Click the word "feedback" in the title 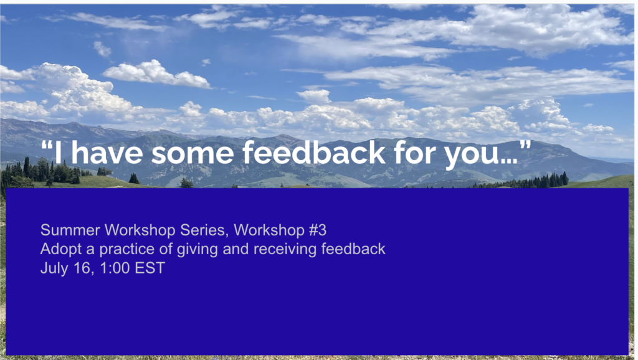tap(314, 153)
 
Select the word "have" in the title tap(107, 153)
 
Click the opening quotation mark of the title tap(46, 145)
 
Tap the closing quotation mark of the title tap(525, 145)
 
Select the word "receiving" tap(285, 249)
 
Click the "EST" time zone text tap(150, 268)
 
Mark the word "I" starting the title tap(58, 153)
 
